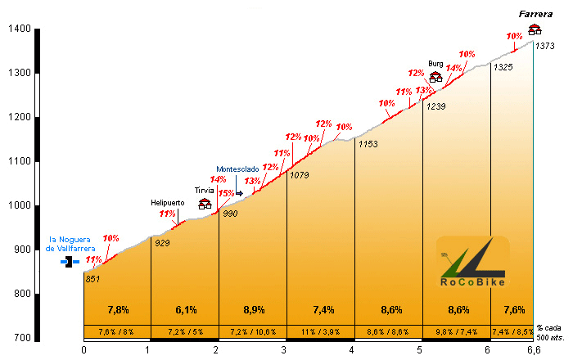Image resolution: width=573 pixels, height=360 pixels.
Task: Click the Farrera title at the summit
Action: point(535,14)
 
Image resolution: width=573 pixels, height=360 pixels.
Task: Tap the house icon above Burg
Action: point(435,77)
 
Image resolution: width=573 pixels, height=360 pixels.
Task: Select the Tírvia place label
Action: point(205,191)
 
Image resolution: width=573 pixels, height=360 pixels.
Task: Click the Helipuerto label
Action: point(168,202)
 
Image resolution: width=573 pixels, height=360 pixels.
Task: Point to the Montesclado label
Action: point(237,169)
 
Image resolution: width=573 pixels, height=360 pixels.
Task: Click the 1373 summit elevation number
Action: point(545,46)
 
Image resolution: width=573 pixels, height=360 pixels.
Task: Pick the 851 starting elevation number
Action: point(92,279)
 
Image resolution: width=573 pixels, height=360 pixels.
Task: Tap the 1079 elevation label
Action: point(300,175)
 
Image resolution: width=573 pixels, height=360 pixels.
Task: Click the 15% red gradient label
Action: point(226,193)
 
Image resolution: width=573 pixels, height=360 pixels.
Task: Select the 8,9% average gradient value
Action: point(253,310)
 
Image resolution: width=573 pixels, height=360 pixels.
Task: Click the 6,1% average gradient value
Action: point(185,310)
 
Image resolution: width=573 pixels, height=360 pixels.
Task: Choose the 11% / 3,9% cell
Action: point(320,331)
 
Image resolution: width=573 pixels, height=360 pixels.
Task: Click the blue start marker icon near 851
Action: point(72,263)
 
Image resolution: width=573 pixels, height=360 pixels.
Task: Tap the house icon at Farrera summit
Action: point(535,29)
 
